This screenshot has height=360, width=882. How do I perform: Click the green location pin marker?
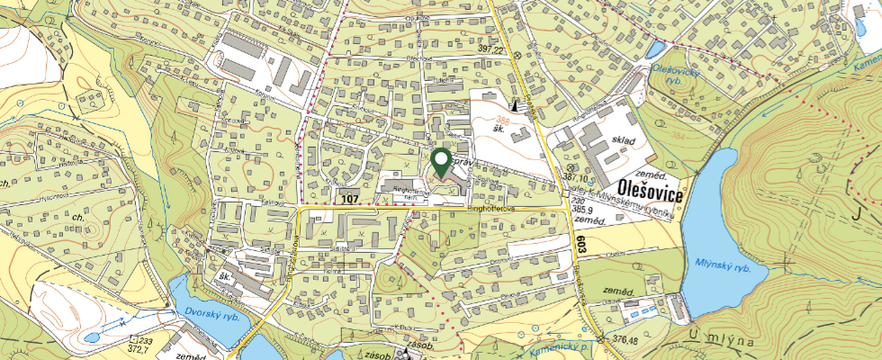[x=442, y=162]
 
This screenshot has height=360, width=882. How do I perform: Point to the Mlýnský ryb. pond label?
[x=723, y=264]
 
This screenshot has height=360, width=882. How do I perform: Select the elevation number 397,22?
[x=490, y=49]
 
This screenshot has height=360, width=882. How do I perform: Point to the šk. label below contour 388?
[x=498, y=130]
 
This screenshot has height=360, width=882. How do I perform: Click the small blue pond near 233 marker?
[x=92, y=337]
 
